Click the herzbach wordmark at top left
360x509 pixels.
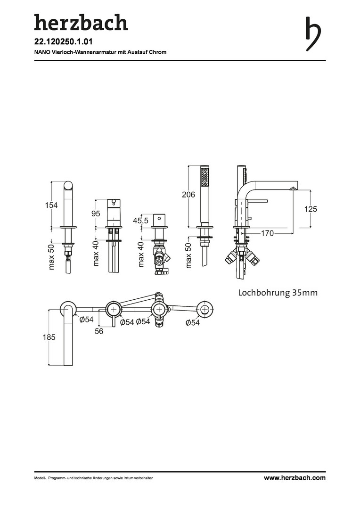tap(81, 23)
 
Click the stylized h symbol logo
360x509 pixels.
tap(313, 34)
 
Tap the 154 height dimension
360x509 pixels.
tap(51, 205)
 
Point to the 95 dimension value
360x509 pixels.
tap(96, 213)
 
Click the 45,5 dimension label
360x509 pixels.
tap(140, 221)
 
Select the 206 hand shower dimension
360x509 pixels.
tap(188, 195)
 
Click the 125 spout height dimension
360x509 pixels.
tap(311, 209)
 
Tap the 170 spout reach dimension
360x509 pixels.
tap(267, 233)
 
